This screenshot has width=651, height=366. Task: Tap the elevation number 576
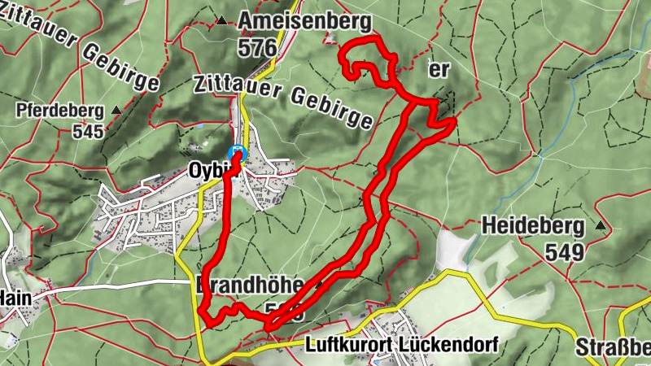pyautogui.click(x=257, y=48)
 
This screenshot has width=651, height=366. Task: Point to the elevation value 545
pyautogui.click(x=88, y=130)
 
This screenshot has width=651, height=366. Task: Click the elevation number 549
pyautogui.click(x=566, y=251)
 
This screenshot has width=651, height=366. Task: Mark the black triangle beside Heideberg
pyautogui.click(x=601, y=224)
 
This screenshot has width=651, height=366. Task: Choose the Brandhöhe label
pyautogui.click(x=249, y=285)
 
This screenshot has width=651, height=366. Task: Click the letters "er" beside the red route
pyautogui.click(x=439, y=70)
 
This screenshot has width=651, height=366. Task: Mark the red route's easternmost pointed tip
pyautogui.click(x=452, y=121)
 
